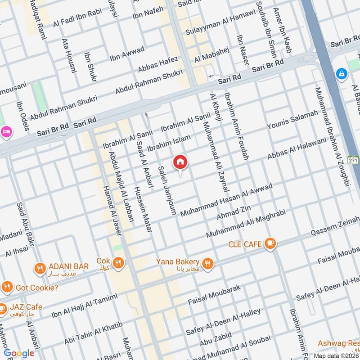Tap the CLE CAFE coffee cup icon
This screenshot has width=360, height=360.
pyautogui.click(x=270, y=243)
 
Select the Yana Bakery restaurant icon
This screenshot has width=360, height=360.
pyautogui.click(x=207, y=264)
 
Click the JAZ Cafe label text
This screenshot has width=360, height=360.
pyautogui.click(x=28, y=307)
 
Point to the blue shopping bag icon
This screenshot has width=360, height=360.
pyautogui.click(x=342, y=73)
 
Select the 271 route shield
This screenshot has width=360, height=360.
pyautogui.click(x=354, y=161)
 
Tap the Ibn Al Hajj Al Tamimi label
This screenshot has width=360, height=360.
pyautogui.click(x=84, y=306)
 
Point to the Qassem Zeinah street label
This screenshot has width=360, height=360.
pyautogui.click(x=335, y=230)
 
